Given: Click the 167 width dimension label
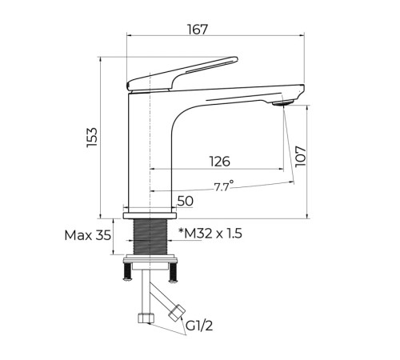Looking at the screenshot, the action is coord(197,30).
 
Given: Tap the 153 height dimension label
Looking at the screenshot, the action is coord(92,137).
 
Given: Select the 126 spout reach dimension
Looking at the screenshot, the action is coord(219,162).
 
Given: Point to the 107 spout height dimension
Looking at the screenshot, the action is coord(301,156).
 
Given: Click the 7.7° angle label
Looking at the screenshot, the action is coord(223,186).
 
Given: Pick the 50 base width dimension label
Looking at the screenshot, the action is coord(186,201).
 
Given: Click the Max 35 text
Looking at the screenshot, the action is coord(88,235).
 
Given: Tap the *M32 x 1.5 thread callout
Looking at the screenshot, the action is coord(210,234).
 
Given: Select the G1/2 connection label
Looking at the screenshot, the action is coord(199,326).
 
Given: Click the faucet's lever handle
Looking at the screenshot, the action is coord(182,74).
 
